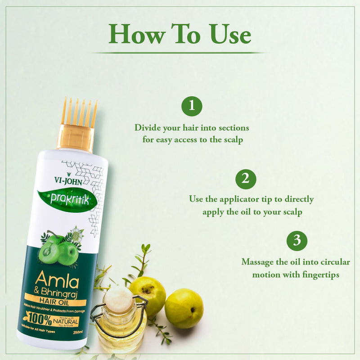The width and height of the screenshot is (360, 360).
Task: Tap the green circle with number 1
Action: [192, 106]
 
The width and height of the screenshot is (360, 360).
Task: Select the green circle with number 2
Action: [246, 179]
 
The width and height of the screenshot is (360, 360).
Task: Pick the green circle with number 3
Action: [297, 240]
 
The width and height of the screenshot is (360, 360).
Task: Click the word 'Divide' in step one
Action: [147, 128]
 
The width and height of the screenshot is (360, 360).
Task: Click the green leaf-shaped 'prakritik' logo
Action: [67, 198]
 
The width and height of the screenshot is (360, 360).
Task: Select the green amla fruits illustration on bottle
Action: [58, 250]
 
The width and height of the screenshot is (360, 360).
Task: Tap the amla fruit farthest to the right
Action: [184, 308]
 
